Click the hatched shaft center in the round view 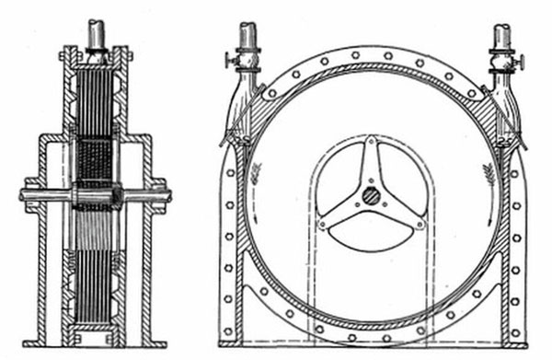(368, 195)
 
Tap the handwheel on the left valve (227, 62)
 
